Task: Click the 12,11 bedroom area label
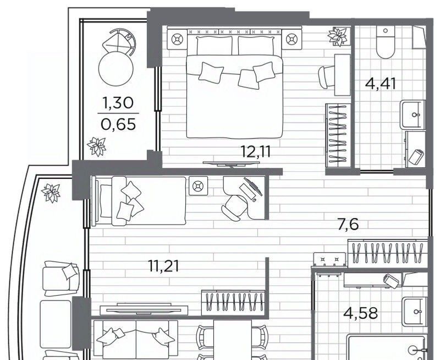(256, 152)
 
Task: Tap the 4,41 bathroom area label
(381, 84)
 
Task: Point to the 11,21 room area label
(163, 266)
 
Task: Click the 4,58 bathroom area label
(361, 313)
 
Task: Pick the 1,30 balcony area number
(118, 103)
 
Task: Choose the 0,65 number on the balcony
(118, 124)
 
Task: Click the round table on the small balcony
(116, 68)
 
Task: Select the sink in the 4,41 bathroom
(412, 114)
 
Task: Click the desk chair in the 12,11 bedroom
(326, 77)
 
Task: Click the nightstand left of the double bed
(177, 39)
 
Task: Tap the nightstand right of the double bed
(291, 39)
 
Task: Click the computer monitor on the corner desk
(253, 187)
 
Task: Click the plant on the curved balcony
(51, 193)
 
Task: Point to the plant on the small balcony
(97, 146)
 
